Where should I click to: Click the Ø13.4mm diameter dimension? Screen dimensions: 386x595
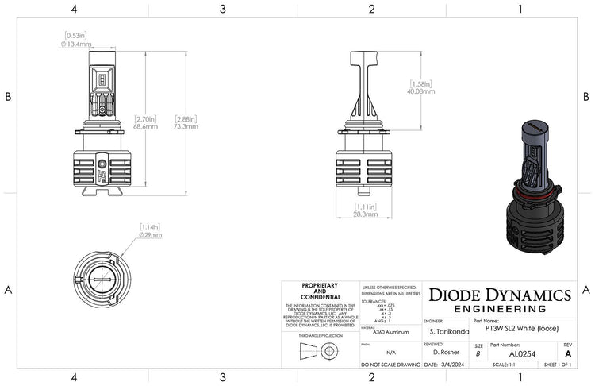77,44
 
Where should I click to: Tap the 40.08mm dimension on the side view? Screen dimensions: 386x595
422,91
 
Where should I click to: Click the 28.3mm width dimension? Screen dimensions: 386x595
366,214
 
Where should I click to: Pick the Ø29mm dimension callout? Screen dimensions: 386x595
151,235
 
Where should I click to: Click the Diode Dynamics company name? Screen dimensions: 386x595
499,294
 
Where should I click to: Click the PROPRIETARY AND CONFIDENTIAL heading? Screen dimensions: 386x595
320,291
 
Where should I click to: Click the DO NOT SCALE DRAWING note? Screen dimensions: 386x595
390,365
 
